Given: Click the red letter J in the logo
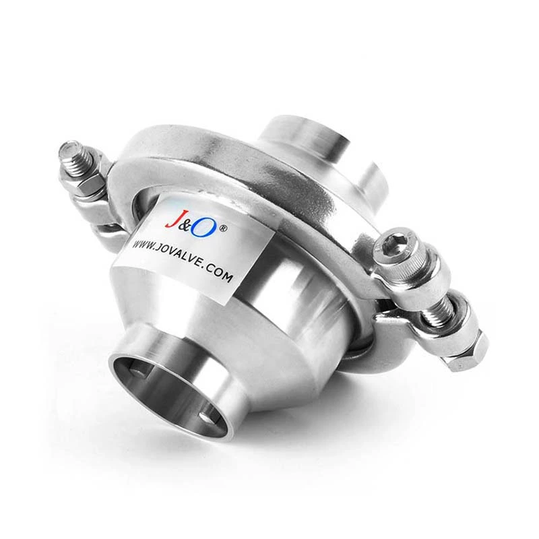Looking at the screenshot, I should coord(171,220).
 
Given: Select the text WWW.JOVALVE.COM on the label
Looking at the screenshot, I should coord(183,261).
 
